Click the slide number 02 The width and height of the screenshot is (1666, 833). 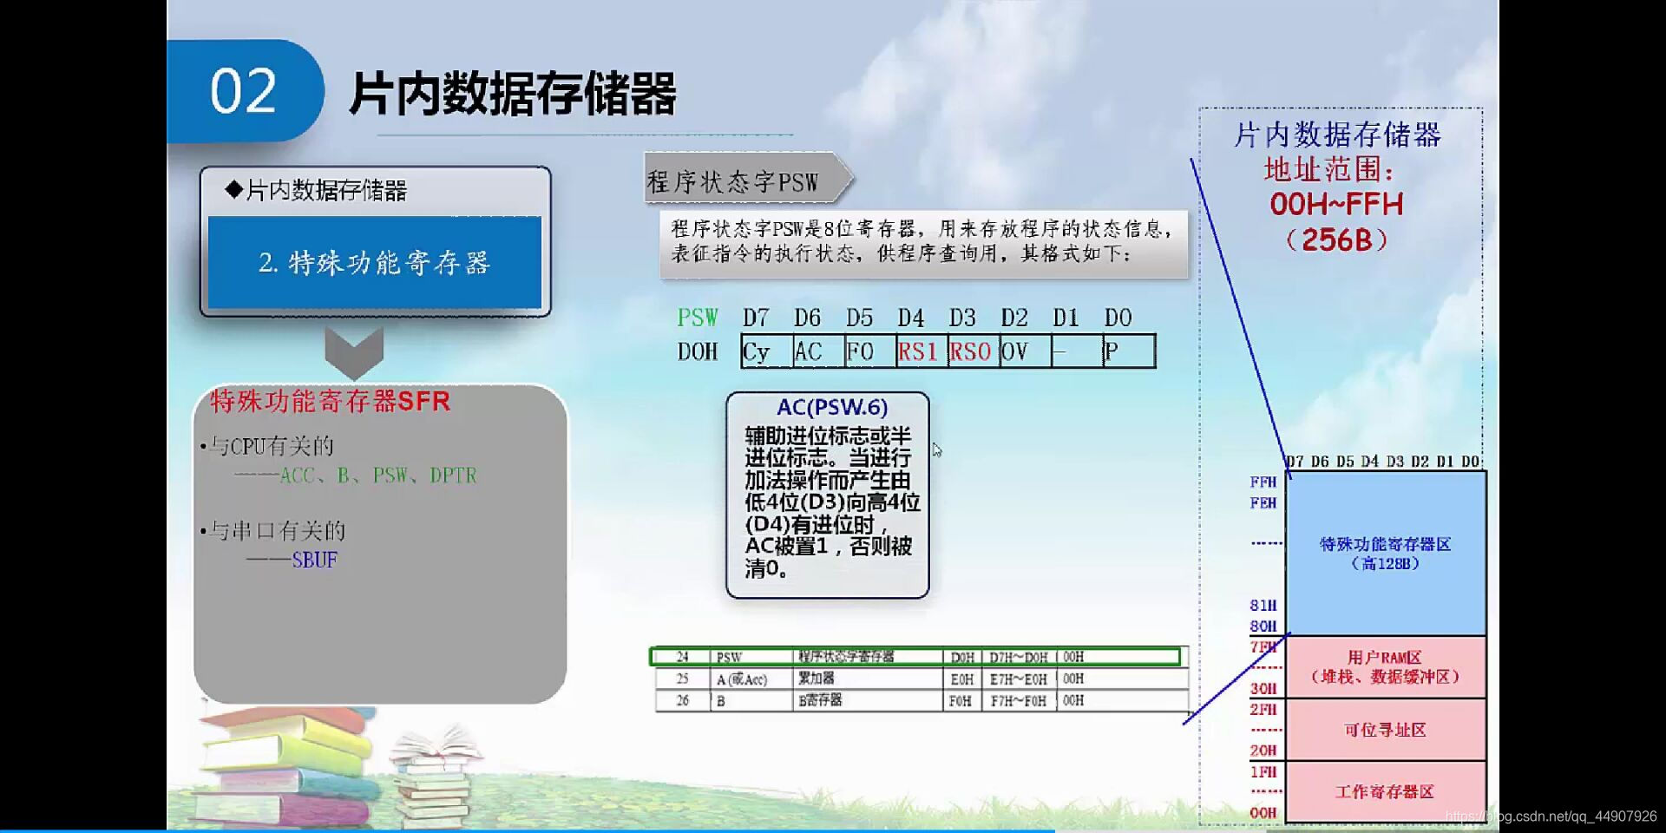coord(243,91)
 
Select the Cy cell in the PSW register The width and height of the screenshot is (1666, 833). coord(765,351)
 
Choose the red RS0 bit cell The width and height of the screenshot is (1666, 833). coord(972,351)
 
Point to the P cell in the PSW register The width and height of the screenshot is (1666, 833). coord(1127,351)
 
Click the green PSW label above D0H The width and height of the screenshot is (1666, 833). coord(698,318)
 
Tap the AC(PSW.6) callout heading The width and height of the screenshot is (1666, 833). coord(831,407)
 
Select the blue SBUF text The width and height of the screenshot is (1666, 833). coord(314,561)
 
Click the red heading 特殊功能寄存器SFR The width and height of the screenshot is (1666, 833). coord(330,402)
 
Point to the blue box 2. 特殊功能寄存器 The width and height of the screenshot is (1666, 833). coord(375,262)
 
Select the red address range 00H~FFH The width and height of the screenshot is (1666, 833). coord(1336,205)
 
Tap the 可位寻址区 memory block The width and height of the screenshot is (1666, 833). coord(1385,730)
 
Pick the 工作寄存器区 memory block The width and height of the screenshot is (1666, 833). coord(1385,791)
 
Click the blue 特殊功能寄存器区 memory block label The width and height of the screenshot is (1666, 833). coord(1385,553)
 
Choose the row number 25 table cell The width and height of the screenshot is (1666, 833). coord(682,679)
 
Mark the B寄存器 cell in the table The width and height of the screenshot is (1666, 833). coord(821,700)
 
